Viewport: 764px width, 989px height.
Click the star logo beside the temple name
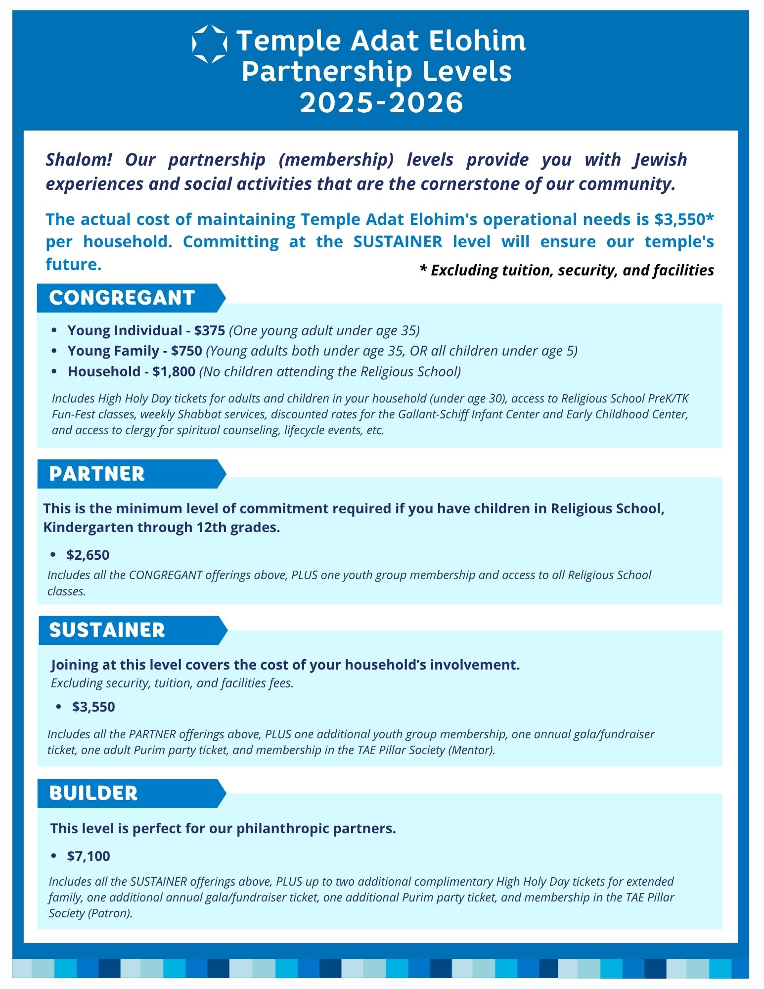click(x=209, y=44)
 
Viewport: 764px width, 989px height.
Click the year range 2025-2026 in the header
click(x=381, y=102)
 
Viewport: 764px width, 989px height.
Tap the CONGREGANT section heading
click(x=122, y=298)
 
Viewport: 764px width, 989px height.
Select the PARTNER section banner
click(x=97, y=474)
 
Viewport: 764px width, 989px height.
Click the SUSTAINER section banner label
click(x=107, y=630)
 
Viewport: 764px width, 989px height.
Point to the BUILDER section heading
click(x=93, y=793)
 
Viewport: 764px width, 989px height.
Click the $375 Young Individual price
click(x=210, y=330)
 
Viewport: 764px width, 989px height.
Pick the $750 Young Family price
click(x=186, y=351)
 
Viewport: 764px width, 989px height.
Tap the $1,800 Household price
click(x=174, y=371)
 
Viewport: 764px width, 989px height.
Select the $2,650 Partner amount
click(x=88, y=555)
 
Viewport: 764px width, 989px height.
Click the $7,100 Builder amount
click(x=89, y=856)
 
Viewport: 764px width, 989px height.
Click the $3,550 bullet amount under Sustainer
click(x=93, y=707)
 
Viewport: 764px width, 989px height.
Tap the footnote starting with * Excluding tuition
click(x=567, y=270)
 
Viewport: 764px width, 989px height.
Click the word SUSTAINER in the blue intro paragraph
click(x=398, y=242)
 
